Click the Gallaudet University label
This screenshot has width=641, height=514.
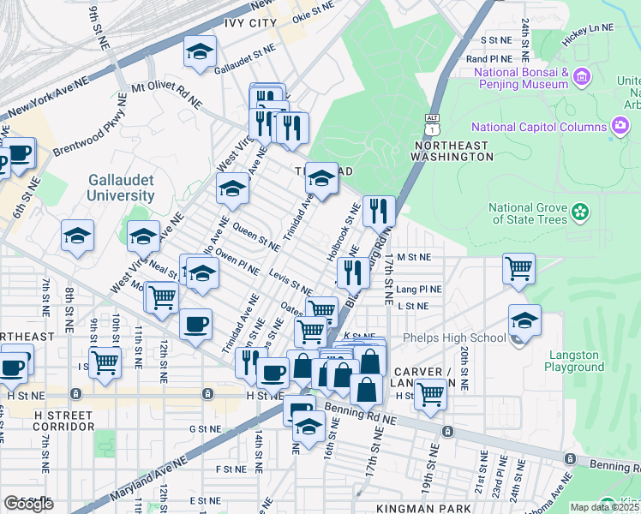pyautogui.click(x=121, y=188)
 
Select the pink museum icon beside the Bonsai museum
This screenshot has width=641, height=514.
pyautogui.click(x=583, y=78)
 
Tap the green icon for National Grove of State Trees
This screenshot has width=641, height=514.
pyautogui.click(x=580, y=211)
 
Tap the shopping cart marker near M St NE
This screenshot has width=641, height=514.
pyautogui.click(x=519, y=269)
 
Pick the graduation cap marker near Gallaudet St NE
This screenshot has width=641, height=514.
pyautogui.click(x=200, y=52)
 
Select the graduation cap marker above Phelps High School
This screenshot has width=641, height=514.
pyautogui.click(x=524, y=320)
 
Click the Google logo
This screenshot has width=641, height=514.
pyautogui.click(x=28, y=504)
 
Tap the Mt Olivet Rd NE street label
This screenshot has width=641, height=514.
pyautogui.click(x=166, y=95)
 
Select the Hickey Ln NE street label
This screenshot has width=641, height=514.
pyautogui.click(x=589, y=28)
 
